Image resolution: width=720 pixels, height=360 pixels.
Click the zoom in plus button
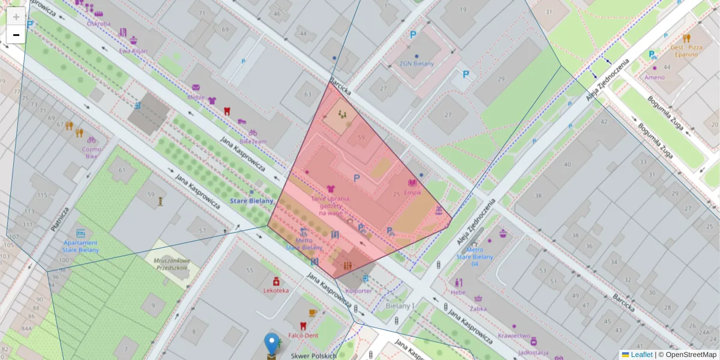tap(16, 17)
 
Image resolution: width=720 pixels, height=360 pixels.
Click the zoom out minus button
tap(16, 35)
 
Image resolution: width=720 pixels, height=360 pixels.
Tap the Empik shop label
tap(412, 193)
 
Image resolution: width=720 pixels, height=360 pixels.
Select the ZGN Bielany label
tap(417, 64)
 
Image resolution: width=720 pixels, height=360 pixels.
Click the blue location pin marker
tap(272, 345)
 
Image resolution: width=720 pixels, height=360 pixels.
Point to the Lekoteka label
tap(276, 290)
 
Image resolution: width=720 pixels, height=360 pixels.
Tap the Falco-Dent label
tap(303, 335)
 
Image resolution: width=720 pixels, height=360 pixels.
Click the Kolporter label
tap(359, 290)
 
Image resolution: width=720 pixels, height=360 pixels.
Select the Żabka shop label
tap(478, 310)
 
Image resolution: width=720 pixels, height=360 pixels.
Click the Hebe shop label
tap(458, 292)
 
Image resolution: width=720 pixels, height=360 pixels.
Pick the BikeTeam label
tap(253, 141)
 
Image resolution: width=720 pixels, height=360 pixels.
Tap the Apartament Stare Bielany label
tap(80, 246)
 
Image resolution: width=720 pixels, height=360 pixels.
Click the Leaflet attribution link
tap(641, 355)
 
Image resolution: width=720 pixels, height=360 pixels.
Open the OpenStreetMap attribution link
tap(691, 355)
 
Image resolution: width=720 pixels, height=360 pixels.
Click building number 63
tap(308, 94)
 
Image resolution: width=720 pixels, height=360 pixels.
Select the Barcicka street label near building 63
tap(340, 86)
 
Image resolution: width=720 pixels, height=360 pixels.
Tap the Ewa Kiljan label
tap(133, 51)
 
